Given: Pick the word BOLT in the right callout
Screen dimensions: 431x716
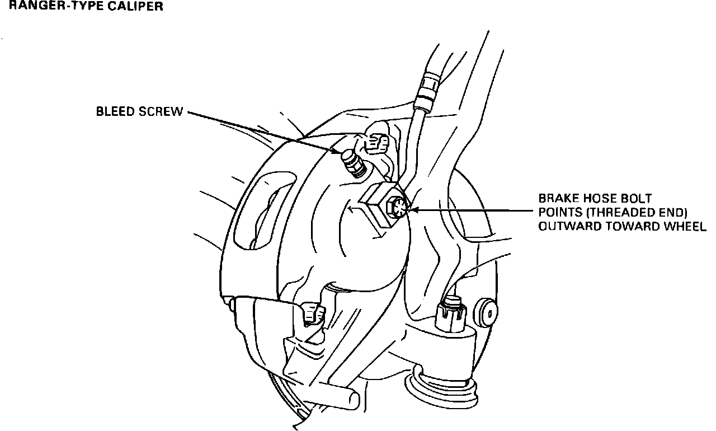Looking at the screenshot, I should (x=635, y=198).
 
